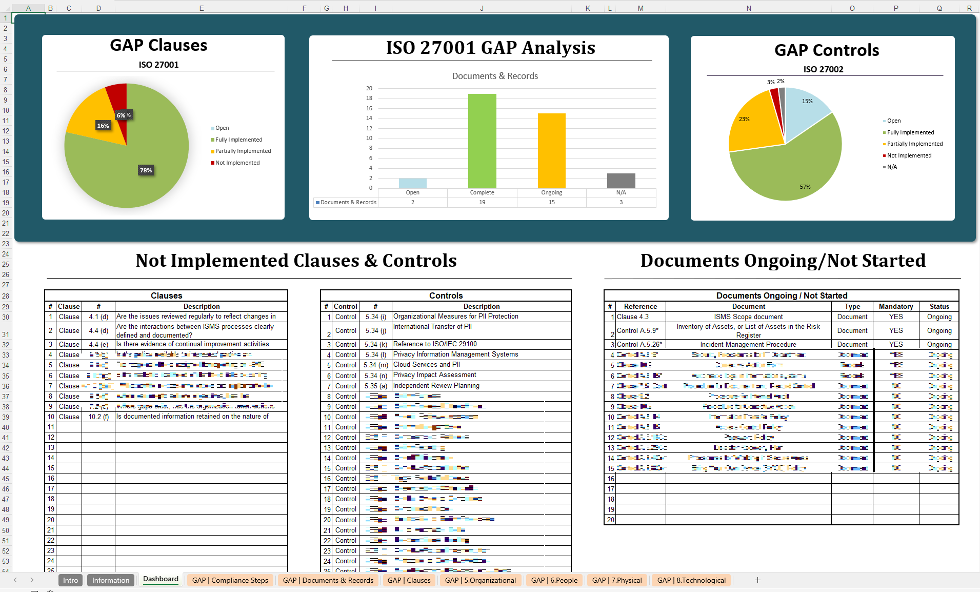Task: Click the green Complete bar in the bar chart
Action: [x=482, y=141]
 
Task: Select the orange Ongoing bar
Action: [x=551, y=151]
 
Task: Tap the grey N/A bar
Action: [x=621, y=181]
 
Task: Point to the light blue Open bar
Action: [x=412, y=183]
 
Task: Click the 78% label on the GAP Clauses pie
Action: [x=146, y=170]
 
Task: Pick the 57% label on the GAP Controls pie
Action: [x=805, y=187]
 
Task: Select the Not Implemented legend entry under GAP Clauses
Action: [x=237, y=163]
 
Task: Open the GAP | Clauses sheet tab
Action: [x=409, y=580]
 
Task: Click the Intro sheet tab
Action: [x=70, y=580]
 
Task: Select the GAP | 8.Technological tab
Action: [x=691, y=580]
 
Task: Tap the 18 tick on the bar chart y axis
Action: [x=369, y=98]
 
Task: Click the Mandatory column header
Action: [x=895, y=306]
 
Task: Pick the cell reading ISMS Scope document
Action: [x=748, y=317]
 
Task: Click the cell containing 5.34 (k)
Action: [x=375, y=344]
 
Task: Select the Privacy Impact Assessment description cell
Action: [x=434, y=375]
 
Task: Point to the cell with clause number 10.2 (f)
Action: [x=98, y=417]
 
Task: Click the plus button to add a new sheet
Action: [x=757, y=580]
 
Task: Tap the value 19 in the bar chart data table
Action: [x=482, y=202]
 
